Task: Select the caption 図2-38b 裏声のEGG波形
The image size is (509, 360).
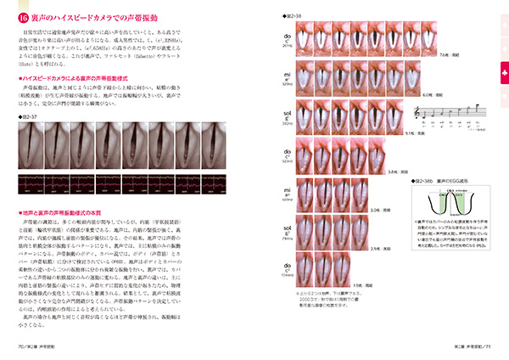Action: point(439,181)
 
